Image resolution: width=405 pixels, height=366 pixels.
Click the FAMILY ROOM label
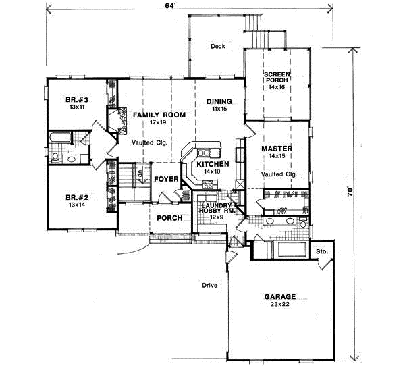(159, 115)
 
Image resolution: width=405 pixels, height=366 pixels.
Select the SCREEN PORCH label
(277, 78)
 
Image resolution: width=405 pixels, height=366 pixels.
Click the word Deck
(217, 46)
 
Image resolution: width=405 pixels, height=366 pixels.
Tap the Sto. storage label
(322, 251)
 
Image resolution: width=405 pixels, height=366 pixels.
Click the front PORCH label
(169, 218)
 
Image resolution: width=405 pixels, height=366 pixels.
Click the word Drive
(210, 285)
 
